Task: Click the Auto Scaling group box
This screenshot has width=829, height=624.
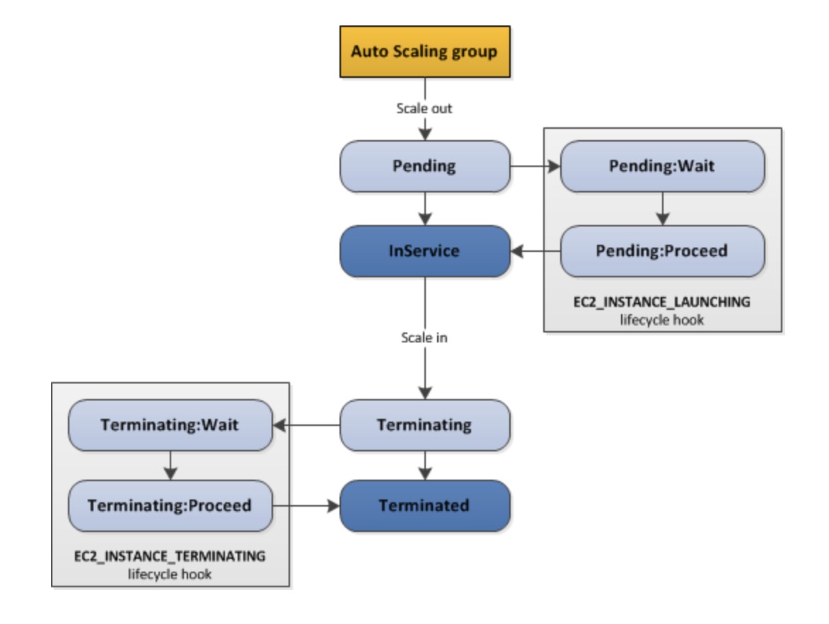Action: (424, 52)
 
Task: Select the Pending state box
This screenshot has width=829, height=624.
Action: (424, 166)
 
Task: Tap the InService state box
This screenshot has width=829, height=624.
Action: (424, 251)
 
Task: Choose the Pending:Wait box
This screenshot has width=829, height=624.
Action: (662, 166)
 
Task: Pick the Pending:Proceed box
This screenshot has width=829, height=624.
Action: (662, 251)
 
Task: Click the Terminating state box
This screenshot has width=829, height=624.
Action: (424, 425)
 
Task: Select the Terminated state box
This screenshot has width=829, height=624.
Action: (424, 506)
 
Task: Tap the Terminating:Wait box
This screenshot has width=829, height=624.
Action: (170, 425)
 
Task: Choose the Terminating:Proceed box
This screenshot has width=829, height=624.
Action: (170, 506)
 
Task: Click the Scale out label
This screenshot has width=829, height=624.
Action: (424, 109)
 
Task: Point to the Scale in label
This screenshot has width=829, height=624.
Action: (424, 337)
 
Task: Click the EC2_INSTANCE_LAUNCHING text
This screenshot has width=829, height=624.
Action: (662, 301)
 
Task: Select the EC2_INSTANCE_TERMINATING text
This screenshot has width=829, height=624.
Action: (170, 556)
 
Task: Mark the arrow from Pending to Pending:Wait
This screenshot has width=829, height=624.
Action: (535, 167)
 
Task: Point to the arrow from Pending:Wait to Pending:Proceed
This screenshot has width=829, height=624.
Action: (662, 209)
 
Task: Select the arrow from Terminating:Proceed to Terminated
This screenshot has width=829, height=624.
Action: (306, 506)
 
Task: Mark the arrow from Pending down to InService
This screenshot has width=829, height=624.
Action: (424, 209)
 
